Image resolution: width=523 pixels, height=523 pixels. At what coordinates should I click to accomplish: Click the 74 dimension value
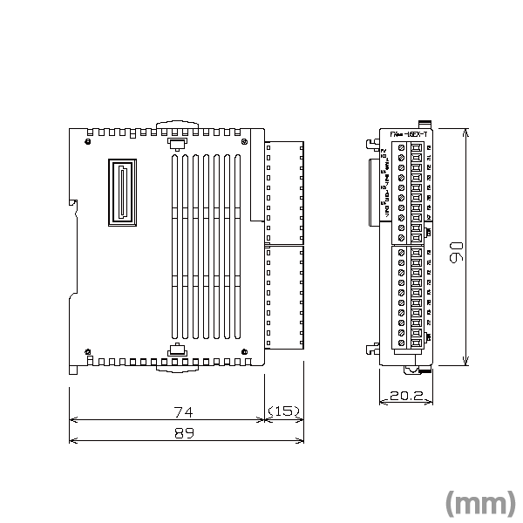click(183, 411)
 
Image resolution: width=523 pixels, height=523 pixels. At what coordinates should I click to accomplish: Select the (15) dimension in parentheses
click(283, 411)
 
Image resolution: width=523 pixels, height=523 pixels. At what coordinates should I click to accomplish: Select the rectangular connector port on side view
click(123, 193)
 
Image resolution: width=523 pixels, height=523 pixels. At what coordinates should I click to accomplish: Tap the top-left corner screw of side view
click(88, 139)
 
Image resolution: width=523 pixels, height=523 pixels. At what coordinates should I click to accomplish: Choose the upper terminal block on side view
click(282, 192)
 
